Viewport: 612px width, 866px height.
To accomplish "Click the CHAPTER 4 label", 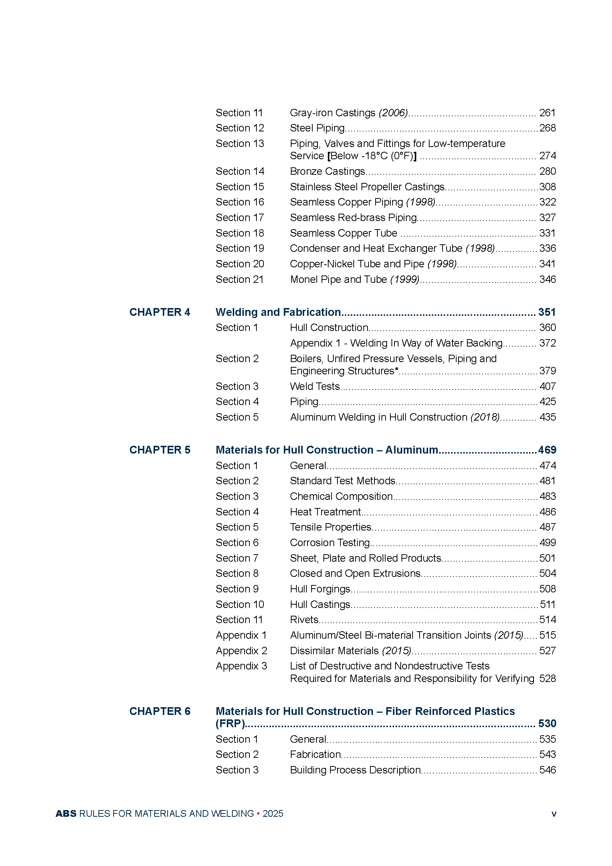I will (160, 312).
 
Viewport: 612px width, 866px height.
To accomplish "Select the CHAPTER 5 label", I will (160, 450).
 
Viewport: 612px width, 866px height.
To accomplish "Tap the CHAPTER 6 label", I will (160, 711).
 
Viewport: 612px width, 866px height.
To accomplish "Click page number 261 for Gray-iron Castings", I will (547, 113).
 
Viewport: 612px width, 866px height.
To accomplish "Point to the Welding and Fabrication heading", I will (278, 312).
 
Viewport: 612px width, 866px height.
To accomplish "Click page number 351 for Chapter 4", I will (547, 312).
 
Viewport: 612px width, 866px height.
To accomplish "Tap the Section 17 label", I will (240, 218).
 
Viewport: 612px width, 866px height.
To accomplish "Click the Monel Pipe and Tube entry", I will (354, 280).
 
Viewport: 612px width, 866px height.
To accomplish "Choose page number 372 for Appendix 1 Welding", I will (547, 343).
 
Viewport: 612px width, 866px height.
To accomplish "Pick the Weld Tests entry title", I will (315, 386).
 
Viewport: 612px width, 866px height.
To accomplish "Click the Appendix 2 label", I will (241, 651).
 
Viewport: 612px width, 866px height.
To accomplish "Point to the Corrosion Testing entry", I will (330, 543).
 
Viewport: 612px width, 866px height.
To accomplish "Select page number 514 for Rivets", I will (547, 620).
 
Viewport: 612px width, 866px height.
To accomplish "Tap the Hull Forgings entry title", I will (320, 589).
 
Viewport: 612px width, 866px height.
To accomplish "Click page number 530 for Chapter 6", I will (547, 723).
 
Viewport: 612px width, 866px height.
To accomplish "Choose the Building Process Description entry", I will (355, 770).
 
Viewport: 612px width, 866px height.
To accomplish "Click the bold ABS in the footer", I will (66, 813).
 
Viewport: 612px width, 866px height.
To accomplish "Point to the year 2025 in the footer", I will (273, 813).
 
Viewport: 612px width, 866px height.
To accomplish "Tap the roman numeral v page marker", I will (554, 814).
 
